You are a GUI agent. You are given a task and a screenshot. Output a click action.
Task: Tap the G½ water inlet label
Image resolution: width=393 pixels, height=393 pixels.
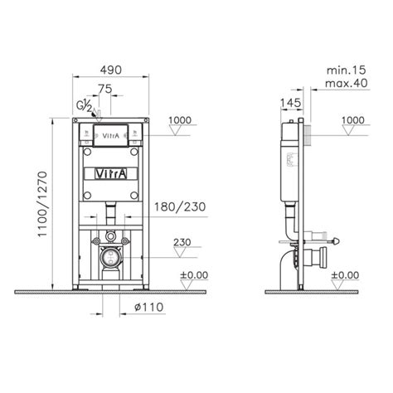83,106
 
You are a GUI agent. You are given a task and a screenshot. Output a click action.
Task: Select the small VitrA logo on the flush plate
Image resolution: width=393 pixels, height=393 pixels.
110,133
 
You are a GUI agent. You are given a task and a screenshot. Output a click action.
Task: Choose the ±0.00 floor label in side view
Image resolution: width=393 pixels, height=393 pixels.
346,275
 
